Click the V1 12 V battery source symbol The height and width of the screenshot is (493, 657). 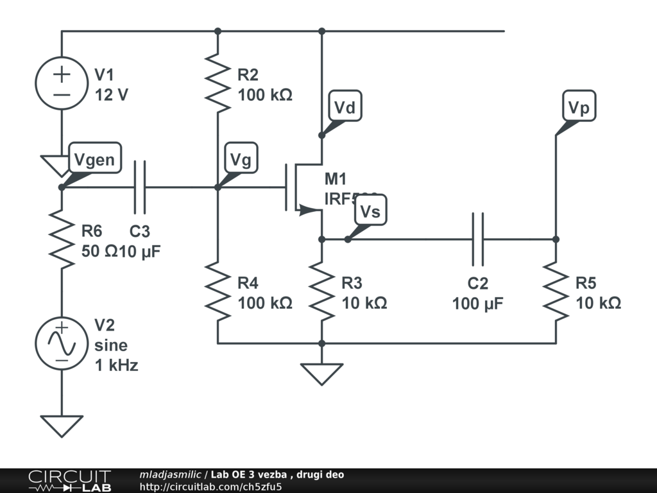click(x=62, y=83)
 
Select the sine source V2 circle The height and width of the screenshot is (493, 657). click(x=62, y=345)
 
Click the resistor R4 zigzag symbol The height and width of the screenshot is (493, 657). click(x=218, y=292)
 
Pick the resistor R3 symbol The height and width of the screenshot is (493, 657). click(x=321, y=292)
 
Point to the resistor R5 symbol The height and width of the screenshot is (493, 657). click(x=556, y=292)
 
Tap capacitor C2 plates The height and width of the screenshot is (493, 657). click(x=478, y=239)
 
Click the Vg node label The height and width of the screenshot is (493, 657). click(x=241, y=160)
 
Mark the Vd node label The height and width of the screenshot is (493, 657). click(x=345, y=108)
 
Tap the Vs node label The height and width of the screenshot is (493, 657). click(x=370, y=212)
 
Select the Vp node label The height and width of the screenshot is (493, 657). click(x=579, y=108)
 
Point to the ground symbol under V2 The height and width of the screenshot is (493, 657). click(x=62, y=426)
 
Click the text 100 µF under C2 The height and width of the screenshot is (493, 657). click(x=477, y=304)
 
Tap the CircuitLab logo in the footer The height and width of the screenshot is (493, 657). click(x=69, y=480)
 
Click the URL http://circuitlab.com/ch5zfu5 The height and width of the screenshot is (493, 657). click(x=211, y=487)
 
